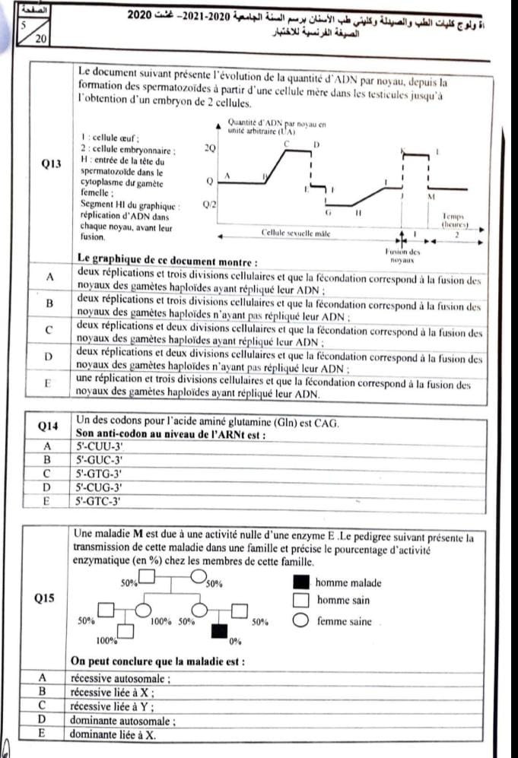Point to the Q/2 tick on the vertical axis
(209, 205)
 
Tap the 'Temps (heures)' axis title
(456, 220)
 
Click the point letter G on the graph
(327, 214)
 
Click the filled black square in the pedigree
(220, 630)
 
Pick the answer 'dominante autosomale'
(122, 719)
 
